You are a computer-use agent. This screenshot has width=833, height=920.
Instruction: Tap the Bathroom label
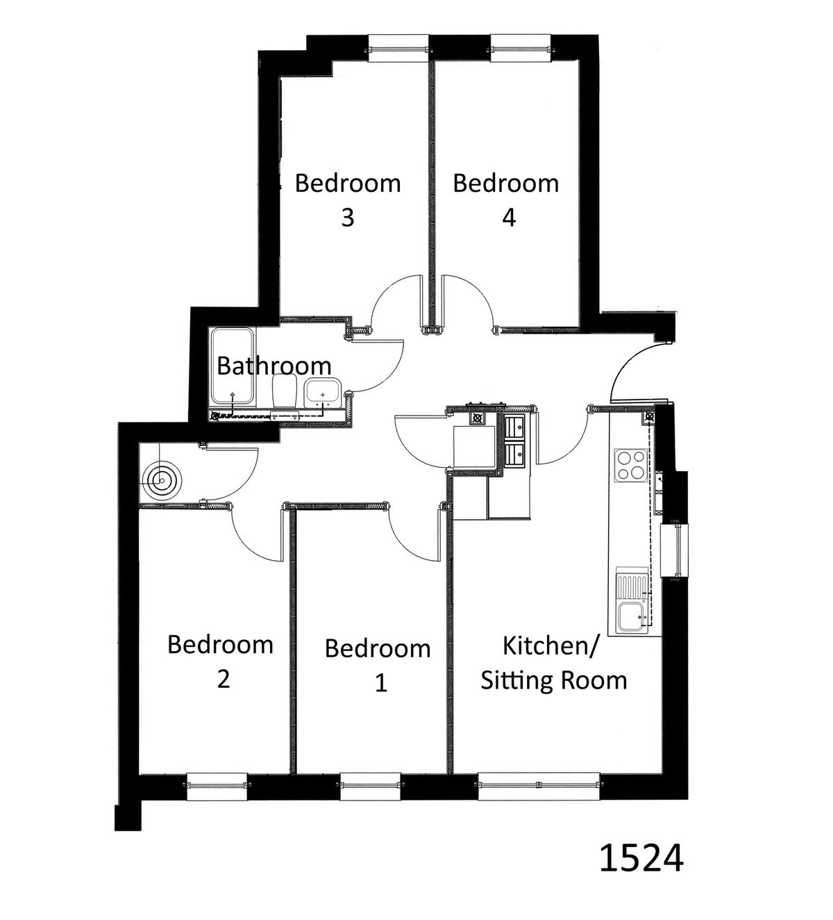274,365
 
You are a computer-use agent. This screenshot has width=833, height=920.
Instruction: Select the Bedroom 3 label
348,199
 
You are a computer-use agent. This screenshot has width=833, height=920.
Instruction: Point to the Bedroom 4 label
506,199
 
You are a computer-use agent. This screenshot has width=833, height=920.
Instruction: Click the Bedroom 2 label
220,662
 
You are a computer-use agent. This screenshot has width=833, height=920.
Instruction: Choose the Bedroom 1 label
378,665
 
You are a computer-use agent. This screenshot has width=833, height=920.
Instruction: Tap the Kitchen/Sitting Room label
553,663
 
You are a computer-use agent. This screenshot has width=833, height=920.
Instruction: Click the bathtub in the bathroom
233,366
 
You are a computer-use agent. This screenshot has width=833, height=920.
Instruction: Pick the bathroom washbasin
323,393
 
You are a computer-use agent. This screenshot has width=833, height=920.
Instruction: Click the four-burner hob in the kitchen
631,466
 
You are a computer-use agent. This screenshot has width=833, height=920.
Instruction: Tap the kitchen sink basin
632,617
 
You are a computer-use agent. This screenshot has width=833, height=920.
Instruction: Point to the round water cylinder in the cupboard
162,481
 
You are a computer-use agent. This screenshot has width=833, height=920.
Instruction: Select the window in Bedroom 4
520,48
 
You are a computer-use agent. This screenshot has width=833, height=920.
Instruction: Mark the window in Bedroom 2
217,787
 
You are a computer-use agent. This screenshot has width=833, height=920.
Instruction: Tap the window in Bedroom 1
371,787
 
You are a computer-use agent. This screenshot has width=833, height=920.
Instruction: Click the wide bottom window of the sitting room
539,787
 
